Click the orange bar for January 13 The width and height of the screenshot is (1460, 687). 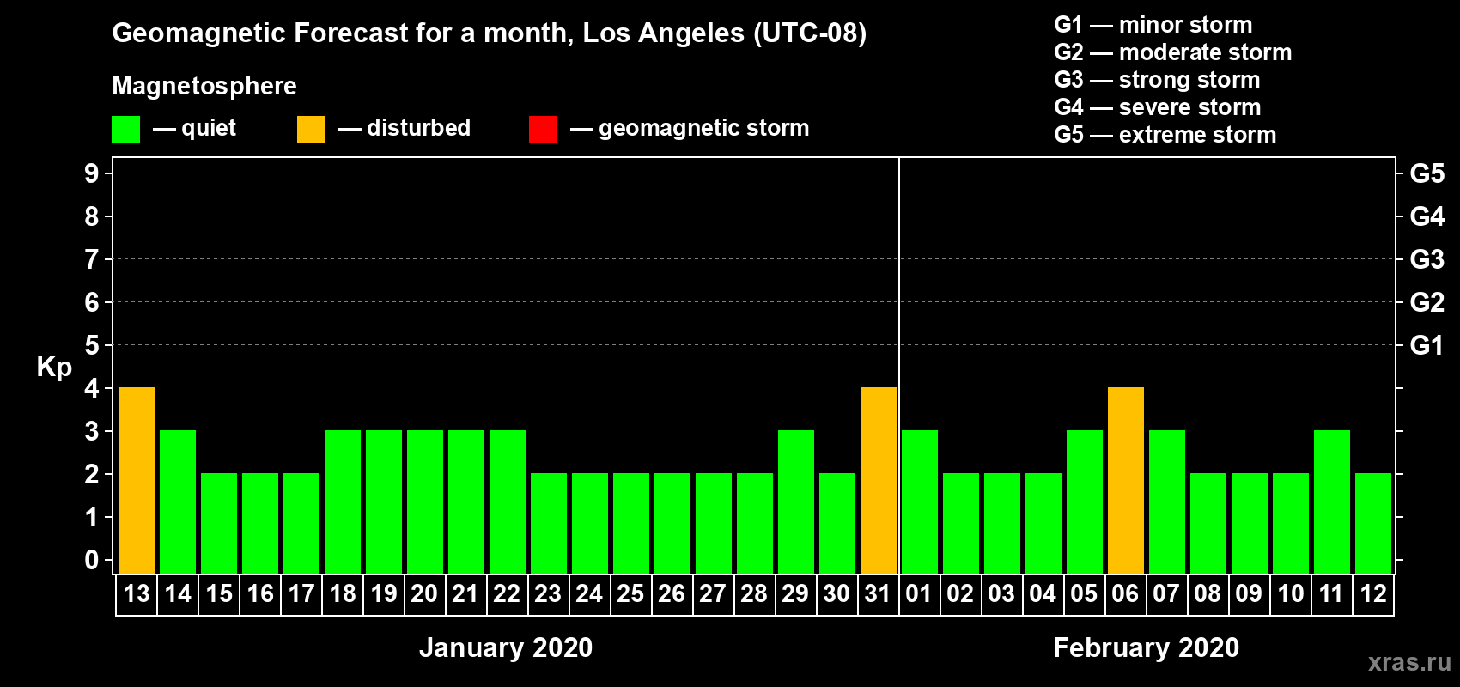(137, 480)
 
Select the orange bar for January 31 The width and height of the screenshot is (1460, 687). (879, 480)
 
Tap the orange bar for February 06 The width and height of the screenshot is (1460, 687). (1126, 480)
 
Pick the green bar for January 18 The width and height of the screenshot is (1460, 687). (343, 502)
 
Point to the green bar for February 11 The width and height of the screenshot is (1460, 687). (1331, 502)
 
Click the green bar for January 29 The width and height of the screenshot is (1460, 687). (796, 502)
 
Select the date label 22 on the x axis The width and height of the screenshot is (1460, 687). (507, 593)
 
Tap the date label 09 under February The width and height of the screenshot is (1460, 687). (1249, 593)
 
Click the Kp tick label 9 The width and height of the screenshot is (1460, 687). (91, 173)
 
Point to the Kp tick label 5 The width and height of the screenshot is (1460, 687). (91, 345)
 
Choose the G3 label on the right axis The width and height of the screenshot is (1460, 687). (1427, 259)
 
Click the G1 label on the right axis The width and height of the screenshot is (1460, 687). (1427, 345)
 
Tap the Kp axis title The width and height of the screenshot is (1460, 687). (54, 368)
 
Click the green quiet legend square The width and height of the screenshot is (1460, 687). (125, 129)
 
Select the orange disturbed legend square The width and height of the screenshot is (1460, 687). (311, 129)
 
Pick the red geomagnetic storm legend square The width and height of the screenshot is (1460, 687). (543, 129)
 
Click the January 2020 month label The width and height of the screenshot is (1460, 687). (506, 647)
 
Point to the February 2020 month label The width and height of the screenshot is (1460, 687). (1146, 647)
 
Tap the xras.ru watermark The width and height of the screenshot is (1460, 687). (1409, 663)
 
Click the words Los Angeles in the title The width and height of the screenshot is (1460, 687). (663, 33)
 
